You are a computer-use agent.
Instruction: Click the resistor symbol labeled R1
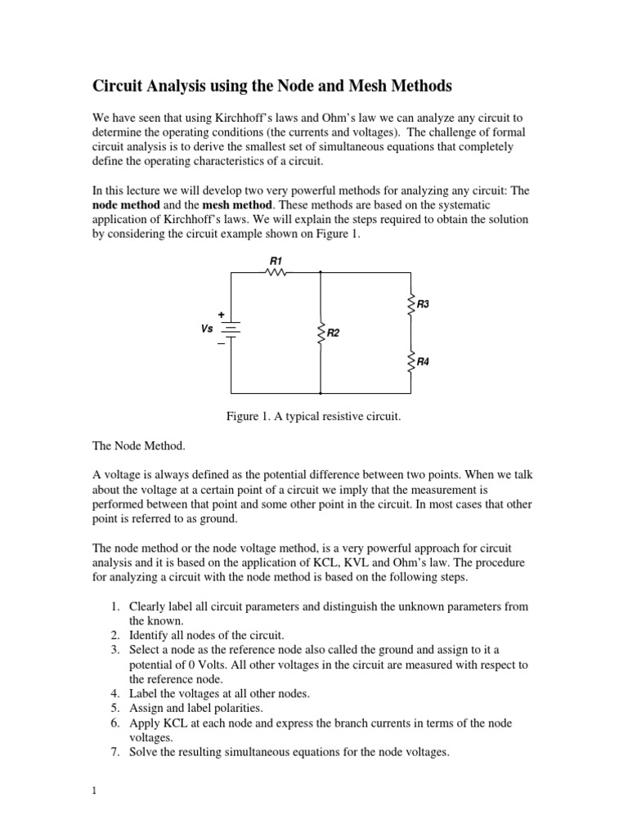276,274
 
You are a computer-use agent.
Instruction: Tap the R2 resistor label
334,333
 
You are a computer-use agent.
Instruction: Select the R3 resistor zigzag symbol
410,304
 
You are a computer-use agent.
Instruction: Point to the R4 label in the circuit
423,360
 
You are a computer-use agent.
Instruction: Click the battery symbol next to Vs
231,329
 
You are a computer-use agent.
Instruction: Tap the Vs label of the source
207,329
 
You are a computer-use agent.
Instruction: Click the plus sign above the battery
221,314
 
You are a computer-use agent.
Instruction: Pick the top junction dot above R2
321,274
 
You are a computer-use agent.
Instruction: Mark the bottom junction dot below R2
321,393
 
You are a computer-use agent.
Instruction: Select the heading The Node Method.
138,445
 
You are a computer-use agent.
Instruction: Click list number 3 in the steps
115,650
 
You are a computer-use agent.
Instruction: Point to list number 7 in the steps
115,753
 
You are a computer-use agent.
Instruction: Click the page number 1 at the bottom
95,790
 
